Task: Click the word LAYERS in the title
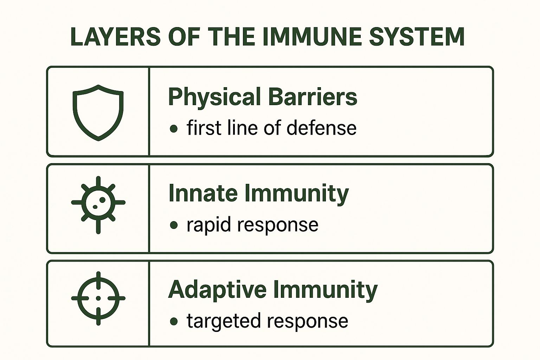[116, 37]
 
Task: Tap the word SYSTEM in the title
[417, 37]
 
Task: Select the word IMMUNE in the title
[313, 37]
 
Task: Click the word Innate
[203, 193]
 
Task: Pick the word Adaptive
[217, 290]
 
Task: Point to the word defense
[321, 128]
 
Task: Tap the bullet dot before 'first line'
[174, 129]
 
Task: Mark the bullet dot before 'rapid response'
[174, 225]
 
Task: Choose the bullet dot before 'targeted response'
[174, 321]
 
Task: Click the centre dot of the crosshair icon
[98, 298]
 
